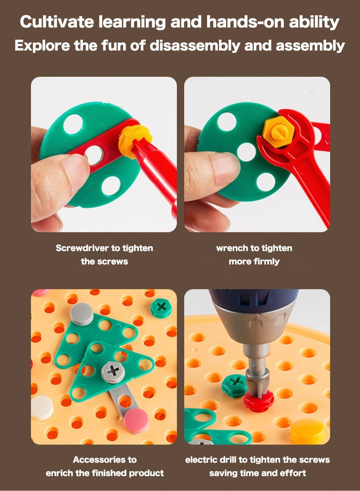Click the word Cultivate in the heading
(x=57, y=22)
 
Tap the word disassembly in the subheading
(x=195, y=46)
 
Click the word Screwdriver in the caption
(x=82, y=248)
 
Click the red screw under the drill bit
(x=259, y=399)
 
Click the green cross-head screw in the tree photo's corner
(x=161, y=307)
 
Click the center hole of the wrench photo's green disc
(x=246, y=152)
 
